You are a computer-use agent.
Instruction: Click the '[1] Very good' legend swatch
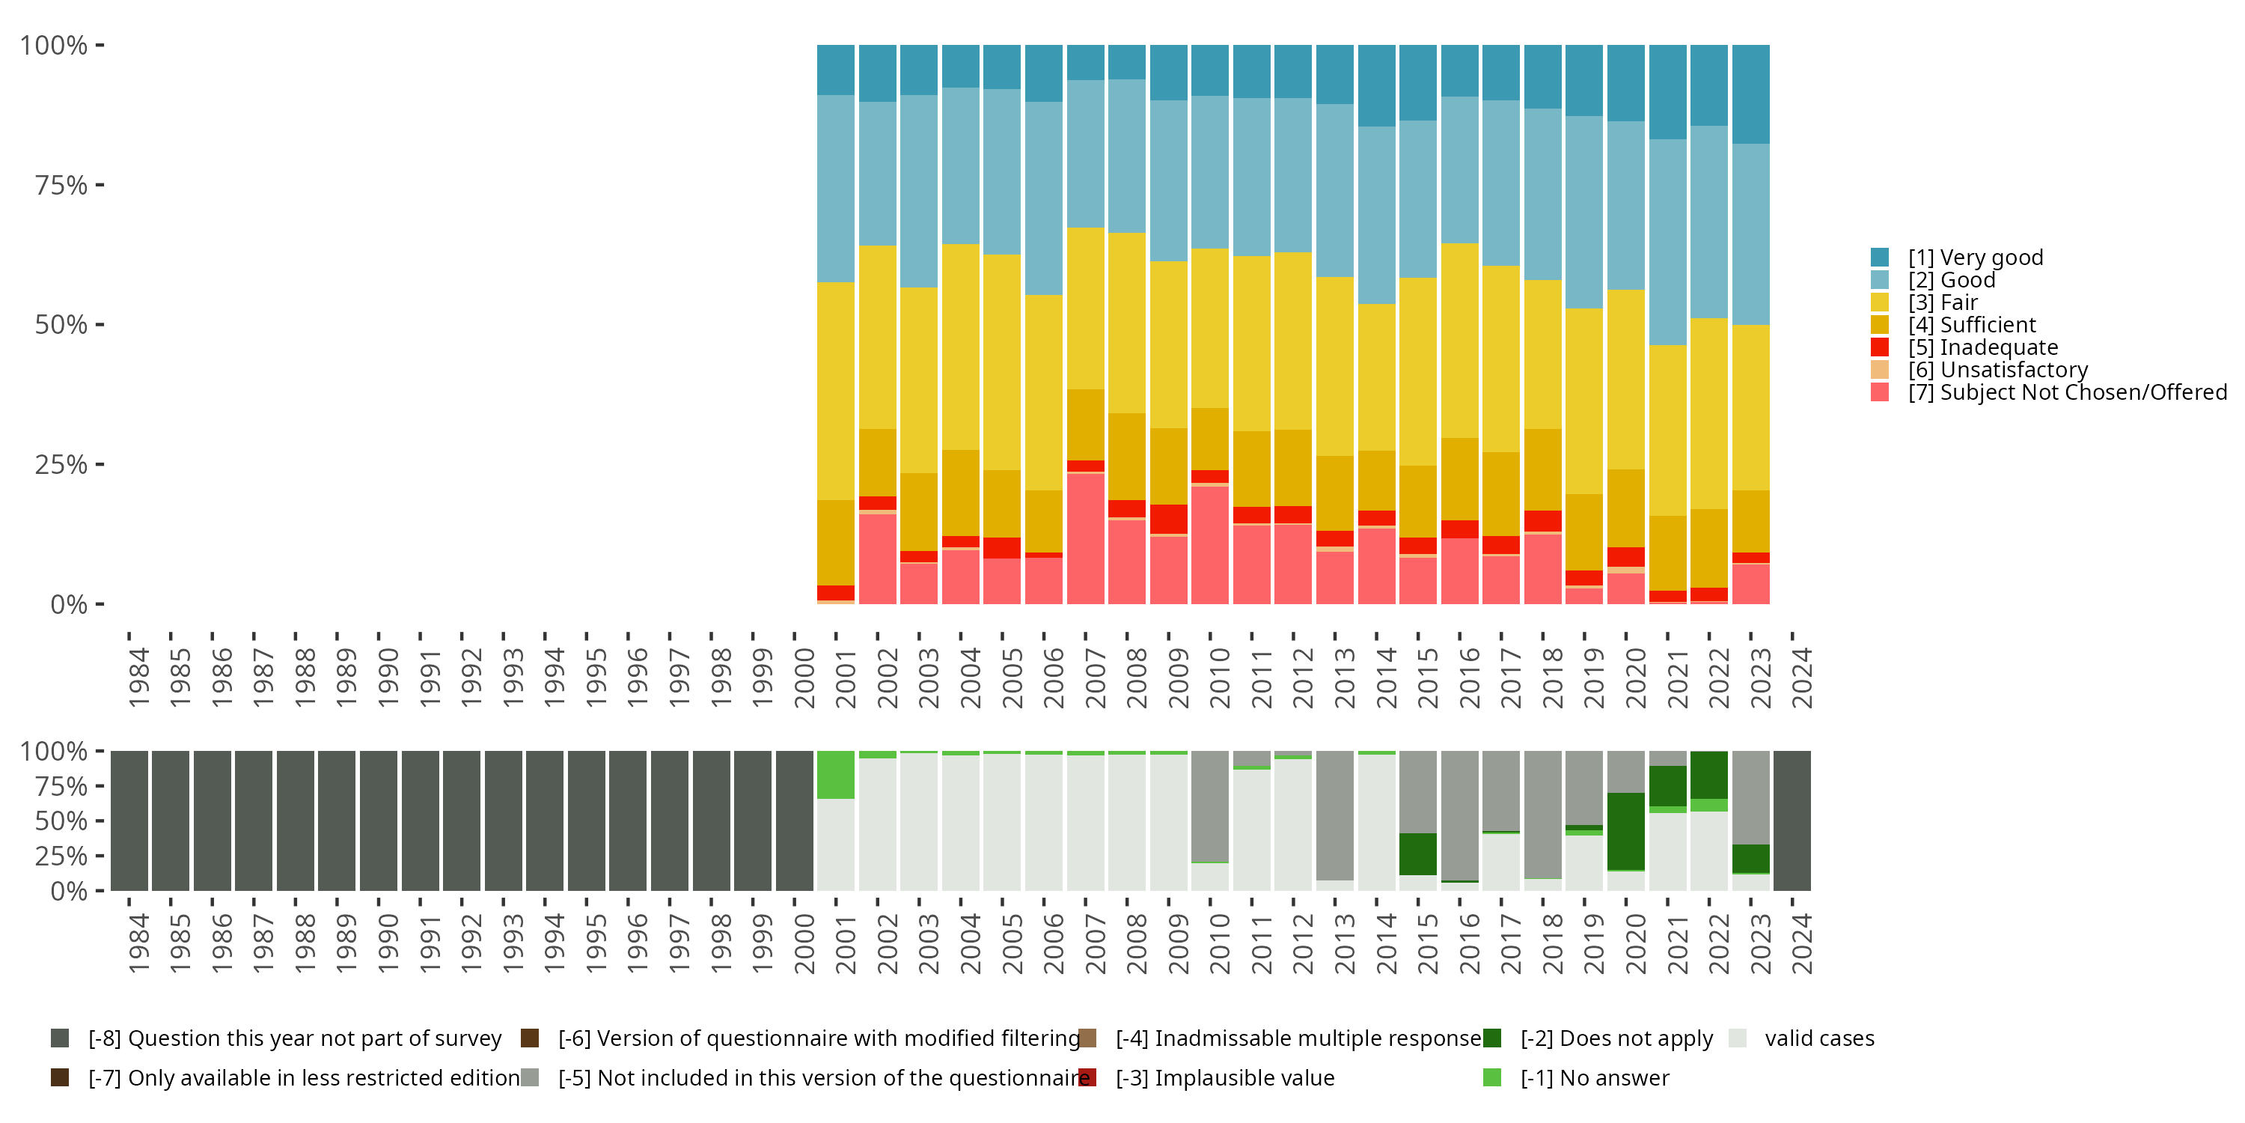[x=1880, y=258]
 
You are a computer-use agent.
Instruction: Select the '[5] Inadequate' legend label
[x=1982, y=347]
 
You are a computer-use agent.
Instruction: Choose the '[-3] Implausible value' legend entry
[x=1224, y=1077]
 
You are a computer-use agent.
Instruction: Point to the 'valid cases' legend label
[x=1819, y=1038]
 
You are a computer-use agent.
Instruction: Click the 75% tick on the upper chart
[x=61, y=185]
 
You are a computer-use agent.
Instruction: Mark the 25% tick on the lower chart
[x=61, y=855]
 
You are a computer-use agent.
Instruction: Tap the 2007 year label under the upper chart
[x=1095, y=678]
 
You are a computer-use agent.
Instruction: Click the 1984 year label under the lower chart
[x=138, y=943]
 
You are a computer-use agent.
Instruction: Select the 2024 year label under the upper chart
[x=1801, y=678]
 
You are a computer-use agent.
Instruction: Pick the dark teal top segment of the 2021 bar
[x=1667, y=91]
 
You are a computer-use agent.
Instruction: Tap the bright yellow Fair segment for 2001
[x=836, y=391]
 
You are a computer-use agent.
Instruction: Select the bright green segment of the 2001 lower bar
[x=836, y=774]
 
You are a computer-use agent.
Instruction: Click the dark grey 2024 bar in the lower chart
[x=1792, y=821]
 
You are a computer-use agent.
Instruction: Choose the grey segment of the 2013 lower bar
[x=1334, y=815]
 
